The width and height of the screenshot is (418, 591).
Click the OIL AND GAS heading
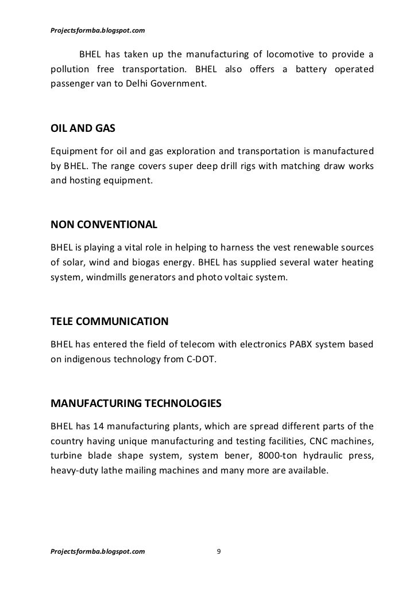coord(83,129)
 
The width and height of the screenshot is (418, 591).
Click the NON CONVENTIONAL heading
coord(104,225)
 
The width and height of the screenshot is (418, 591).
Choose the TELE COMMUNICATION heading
coord(110,322)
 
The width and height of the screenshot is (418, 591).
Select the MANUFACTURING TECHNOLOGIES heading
coord(136,404)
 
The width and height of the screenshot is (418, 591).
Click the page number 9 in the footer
coord(218,551)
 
